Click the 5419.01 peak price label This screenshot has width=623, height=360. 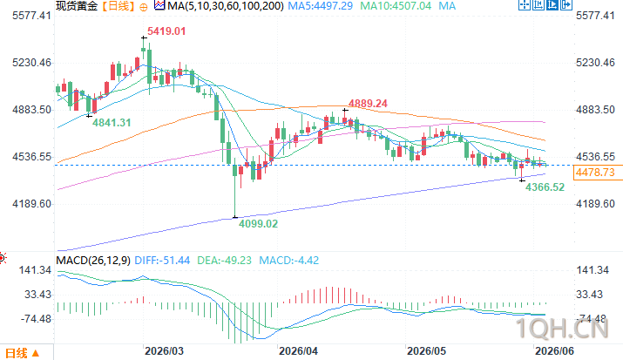(x=166, y=31)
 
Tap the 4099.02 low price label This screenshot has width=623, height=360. (x=258, y=224)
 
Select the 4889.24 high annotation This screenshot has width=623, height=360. (x=368, y=104)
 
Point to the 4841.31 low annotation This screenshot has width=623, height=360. (x=112, y=123)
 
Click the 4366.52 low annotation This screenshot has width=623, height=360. (x=545, y=187)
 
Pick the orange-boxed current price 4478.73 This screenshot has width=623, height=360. (x=595, y=173)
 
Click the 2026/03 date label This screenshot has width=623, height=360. (x=164, y=351)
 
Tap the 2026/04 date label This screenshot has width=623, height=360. (x=298, y=351)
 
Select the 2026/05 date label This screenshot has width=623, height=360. (x=427, y=351)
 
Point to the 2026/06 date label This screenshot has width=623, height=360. (x=555, y=351)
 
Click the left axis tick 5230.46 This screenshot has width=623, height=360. (x=32, y=63)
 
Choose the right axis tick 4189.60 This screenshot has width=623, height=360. (x=596, y=204)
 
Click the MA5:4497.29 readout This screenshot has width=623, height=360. (x=321, y=6)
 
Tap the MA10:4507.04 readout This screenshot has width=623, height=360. (x=396, y=6)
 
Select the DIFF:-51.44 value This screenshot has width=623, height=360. (x=162, y=261)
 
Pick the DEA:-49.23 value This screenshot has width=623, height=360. (x=225, y=261)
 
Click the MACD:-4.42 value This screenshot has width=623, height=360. (x=289, y=261)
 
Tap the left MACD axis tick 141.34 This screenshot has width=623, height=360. (x=36, y=270)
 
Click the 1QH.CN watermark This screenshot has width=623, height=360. (x=562, y=329)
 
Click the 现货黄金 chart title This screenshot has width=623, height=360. (x=77, y=6)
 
